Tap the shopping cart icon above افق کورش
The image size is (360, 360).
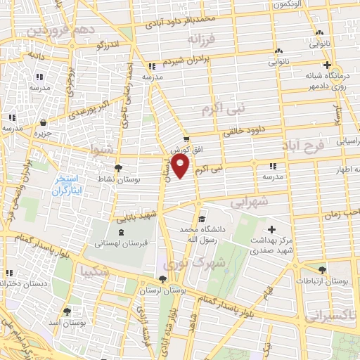[x=186, y=139]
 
